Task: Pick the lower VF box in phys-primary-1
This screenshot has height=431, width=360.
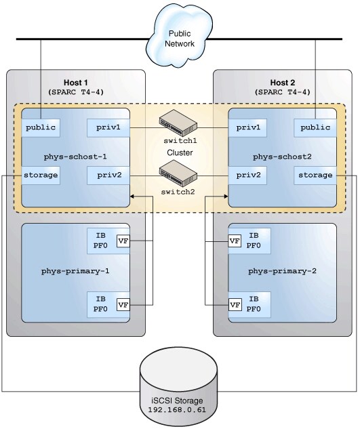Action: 123,304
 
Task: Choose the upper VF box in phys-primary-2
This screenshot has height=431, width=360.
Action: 235,240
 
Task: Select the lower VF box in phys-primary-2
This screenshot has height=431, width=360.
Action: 235,304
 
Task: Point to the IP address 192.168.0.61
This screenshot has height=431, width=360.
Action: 179,410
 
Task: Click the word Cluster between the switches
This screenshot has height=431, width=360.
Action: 179,153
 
